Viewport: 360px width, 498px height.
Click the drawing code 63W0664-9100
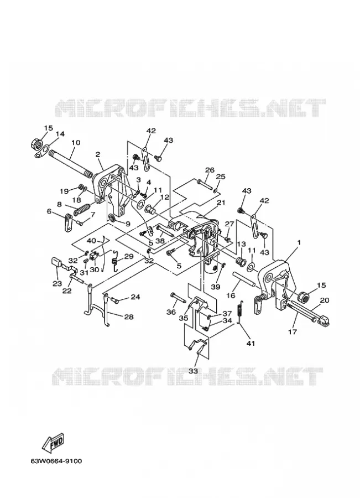tap(56, 460)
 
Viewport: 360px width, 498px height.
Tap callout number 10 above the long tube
tap(76, 143)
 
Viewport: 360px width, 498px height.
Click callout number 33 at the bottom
tap(194, 371)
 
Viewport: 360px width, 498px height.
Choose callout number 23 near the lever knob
tap(57, 283)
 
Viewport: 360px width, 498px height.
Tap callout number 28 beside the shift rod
tap(128, 317)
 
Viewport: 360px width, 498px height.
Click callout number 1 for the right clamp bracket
tap(299, 243)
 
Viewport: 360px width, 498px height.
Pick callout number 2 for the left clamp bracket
tap(98, 155)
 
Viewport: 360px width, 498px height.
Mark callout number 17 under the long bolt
tap(293, 332)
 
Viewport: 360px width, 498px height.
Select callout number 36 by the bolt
tap(171, 312)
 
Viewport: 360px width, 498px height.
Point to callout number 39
tap(216, 287)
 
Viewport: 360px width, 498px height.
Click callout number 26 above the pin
tap(210, 170)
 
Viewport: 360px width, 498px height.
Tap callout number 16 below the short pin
tap(231, 295)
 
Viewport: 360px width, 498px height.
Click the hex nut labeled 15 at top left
tap(37, 145)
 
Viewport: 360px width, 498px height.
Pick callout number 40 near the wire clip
tap(91, 241)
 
